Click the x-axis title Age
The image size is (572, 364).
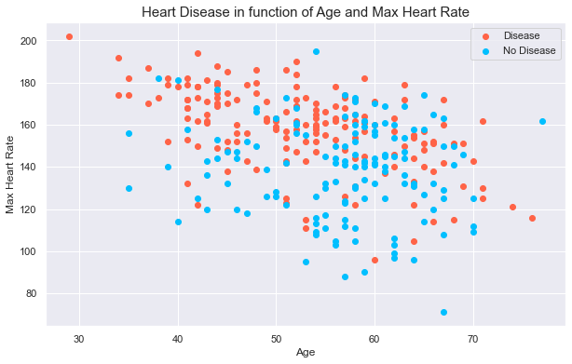tap(305, 353)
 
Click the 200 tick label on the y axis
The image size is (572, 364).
tap(31, 41)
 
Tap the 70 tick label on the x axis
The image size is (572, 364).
tap(473, 336)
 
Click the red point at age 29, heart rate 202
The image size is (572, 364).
tap(70, 37)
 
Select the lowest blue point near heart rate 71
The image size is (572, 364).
tap(443, 313)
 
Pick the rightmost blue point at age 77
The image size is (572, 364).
tap(542, 121)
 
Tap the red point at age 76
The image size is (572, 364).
tap(532, 218)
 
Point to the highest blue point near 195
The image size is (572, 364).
tap(316, 51)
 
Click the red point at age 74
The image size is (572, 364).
tap(512, 208)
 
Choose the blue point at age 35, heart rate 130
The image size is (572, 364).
tap(129, 188)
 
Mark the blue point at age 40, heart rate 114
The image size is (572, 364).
tap(178, 222)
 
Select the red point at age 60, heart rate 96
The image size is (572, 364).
tap(375, 260)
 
